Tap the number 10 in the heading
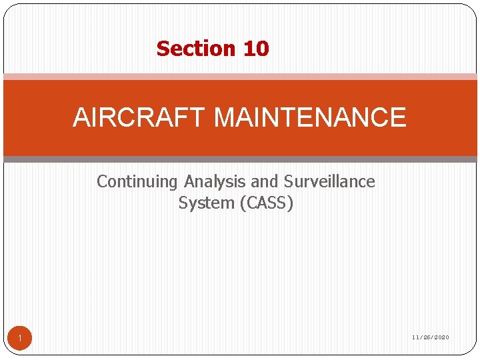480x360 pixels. tap(256, 49)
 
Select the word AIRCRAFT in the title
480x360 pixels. tap(140, 118)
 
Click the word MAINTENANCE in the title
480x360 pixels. tap(310, 118)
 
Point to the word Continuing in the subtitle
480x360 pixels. tap(138, 181)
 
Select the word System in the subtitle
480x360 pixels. tap(206, 203)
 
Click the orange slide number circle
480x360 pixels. tap(20, 339)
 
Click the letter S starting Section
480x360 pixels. tap(162, 49)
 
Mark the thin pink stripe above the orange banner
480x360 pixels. tap(240, 77)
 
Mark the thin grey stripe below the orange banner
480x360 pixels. tap(240, 159)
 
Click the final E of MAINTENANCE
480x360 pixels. tap(398, 118)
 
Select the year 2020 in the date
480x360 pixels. tap(441, 337)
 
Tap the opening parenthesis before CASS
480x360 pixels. tap(241, 203)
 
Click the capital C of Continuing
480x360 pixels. tap(102, 181)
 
